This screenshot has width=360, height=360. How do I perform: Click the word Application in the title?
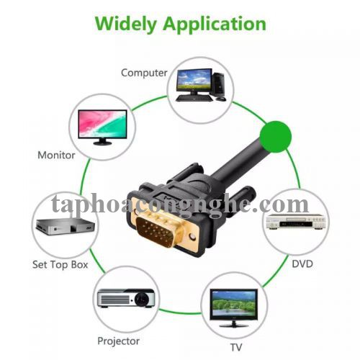[x=214, y=24]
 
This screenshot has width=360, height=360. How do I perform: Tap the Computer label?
[x=144, y=73]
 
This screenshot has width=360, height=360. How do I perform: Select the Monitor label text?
[x=56, y=154]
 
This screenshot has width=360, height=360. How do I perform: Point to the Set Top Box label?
[x=60, y=264]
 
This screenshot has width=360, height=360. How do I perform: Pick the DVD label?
[x=302, y=264]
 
